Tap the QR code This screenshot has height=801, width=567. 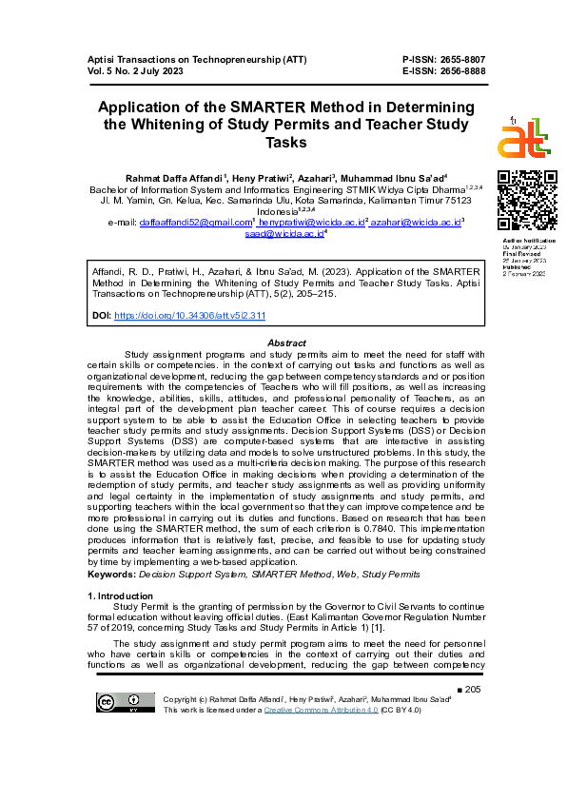click(527, 202)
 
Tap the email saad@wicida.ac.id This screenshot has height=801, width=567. click(283, 233)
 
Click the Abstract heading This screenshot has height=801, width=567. click(286, 342)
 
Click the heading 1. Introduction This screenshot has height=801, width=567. click(120, 596)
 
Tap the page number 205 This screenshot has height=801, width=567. click(474, 689)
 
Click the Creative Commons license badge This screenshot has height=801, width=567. click(112, 704)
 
